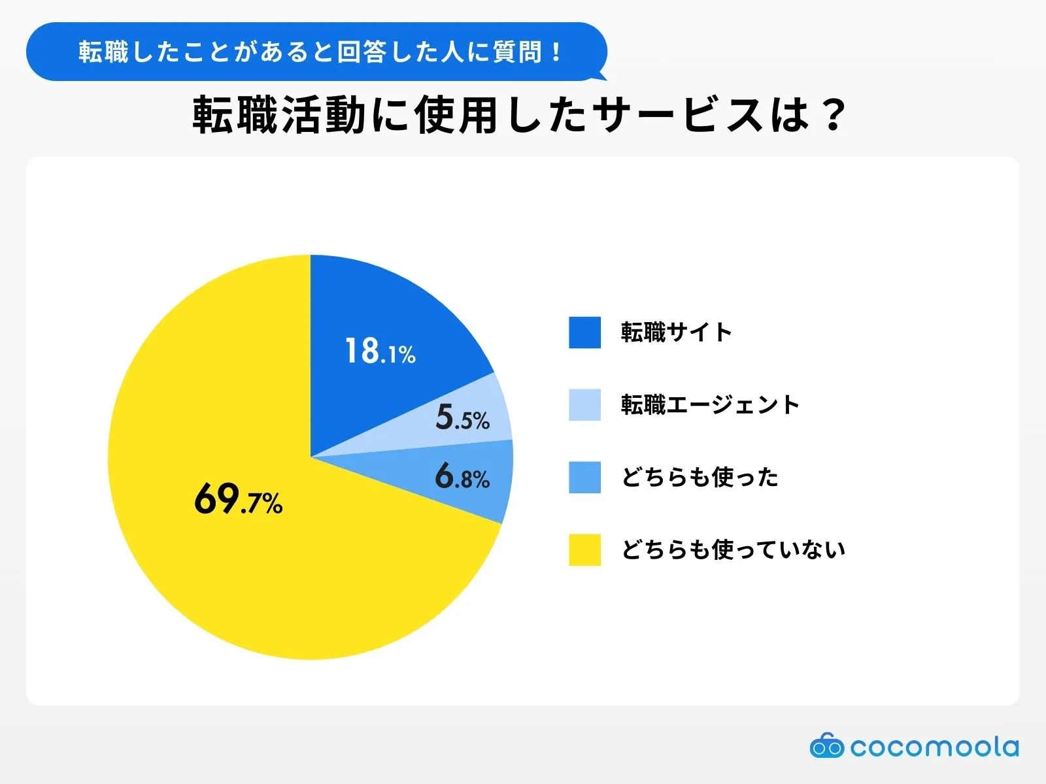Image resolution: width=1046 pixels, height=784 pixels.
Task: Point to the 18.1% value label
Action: coord(380,351)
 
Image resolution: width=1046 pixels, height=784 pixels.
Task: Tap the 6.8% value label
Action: coord(462,476)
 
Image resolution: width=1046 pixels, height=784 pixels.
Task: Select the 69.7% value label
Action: coord(238,500)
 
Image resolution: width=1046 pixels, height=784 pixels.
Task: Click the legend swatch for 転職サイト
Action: coord(584,333)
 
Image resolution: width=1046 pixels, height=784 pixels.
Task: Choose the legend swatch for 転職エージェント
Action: coord(584,405)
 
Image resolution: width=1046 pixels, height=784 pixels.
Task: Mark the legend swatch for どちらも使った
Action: coord(584,478)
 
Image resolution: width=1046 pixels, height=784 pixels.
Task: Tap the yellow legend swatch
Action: coord(584,550)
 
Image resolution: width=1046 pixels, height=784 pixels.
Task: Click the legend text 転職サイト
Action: coord(676,333)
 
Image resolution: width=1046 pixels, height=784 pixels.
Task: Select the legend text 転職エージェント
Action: coord(710,405)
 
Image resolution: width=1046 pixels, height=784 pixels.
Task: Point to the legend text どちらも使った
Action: coord(700,478)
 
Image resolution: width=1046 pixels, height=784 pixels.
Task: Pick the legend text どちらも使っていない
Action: coord(733,550)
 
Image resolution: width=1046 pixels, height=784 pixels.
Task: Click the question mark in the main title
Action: coord(833,116)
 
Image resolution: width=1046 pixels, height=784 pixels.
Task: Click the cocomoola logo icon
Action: coord(826,745)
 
